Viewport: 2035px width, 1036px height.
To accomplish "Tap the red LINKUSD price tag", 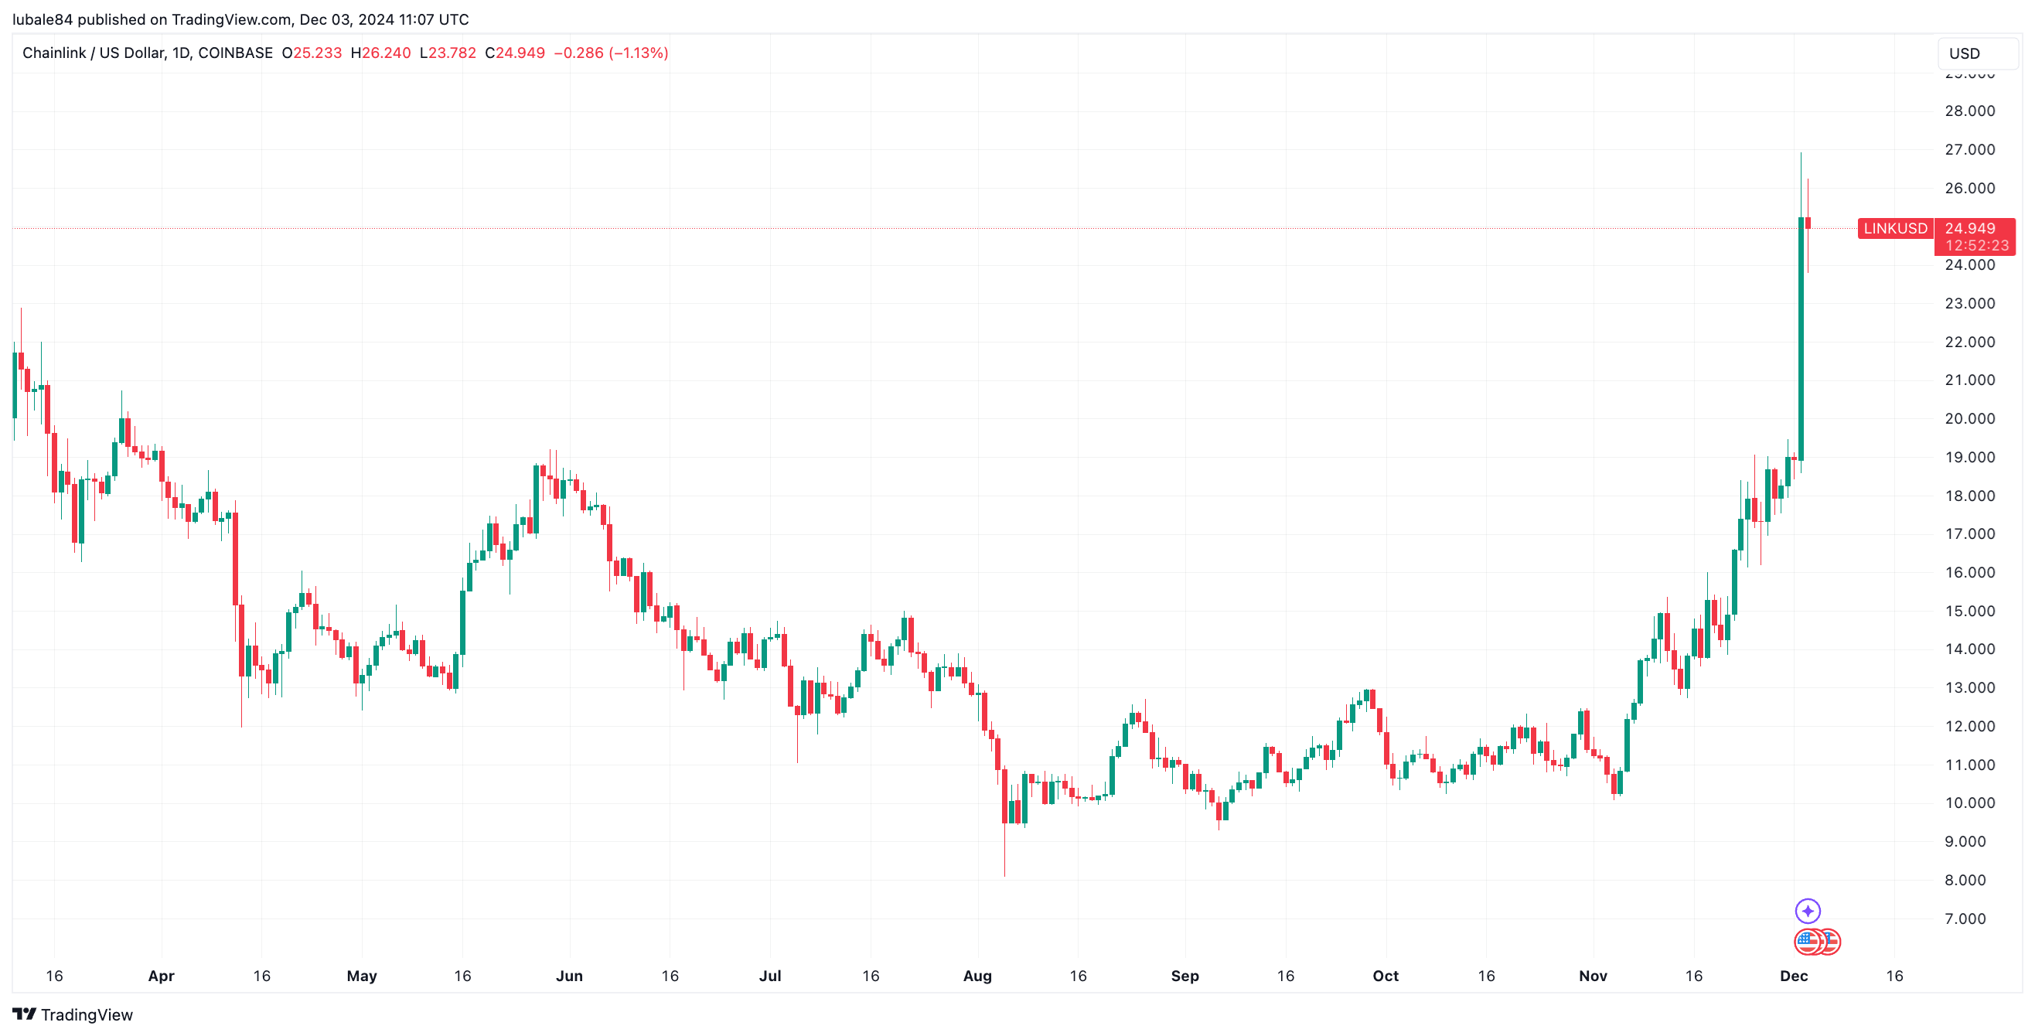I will (x=1894, y=228).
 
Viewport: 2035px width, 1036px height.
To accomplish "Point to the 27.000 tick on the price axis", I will (x=1969, y=149).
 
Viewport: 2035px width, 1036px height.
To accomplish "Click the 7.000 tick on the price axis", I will (x=1965, y=918).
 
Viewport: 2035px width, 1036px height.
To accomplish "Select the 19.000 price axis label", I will (x=1969, y=457).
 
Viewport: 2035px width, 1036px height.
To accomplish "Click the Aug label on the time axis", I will (x=977, y=975).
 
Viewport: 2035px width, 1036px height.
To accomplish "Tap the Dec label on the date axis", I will (x=1793, y=975).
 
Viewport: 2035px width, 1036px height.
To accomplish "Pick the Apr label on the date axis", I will (x=161, y=975).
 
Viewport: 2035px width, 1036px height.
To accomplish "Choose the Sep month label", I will (x=1185, y=975).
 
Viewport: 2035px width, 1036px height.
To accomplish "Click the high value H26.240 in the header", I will (x=380, y=53).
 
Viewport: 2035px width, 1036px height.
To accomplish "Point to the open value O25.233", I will (x=312, y=53).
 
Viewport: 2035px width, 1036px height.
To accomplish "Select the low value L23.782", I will (x=448, y=53).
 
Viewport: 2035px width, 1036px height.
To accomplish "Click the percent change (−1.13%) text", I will (x=639, y=53).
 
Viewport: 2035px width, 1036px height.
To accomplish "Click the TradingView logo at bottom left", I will (x=73, y=1014).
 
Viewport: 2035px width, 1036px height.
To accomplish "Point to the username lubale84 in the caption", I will (x=43, y=19).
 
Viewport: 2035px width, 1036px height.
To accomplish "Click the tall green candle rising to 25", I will (x=1801, y=340).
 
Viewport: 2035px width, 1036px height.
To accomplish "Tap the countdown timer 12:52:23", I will (x=1976, y=246).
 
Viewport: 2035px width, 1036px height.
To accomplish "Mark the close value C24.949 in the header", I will (x=515, y=53).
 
